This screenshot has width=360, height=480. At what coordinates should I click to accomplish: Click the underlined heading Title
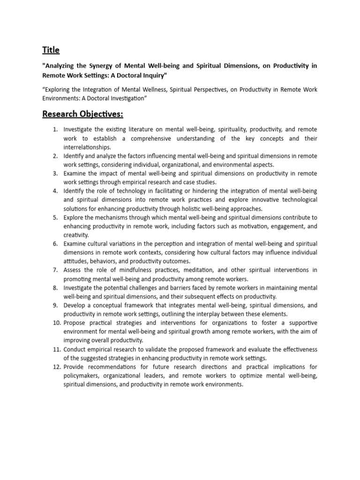[x=51, y=50]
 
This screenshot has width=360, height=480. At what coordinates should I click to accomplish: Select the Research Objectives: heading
[x=82, y=114]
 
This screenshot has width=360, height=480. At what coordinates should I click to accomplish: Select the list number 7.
[x=55, y=270]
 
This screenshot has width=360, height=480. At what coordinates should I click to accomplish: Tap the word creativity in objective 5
[x=76, y=235]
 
